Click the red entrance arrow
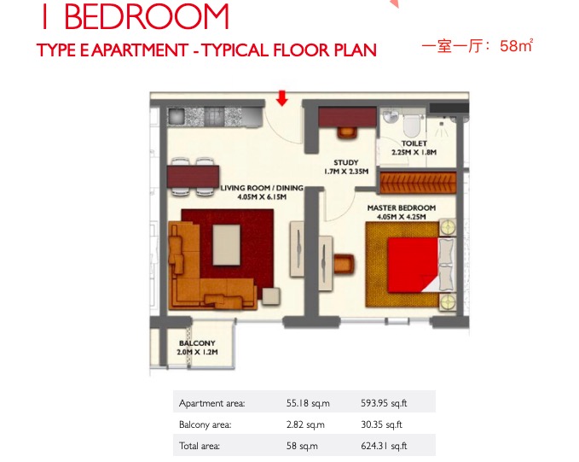click(281, 98)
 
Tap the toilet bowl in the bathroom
click(412, 125)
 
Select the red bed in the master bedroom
click(414, 265)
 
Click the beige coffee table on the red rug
click(226, 245)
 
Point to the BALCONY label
click(197, 343)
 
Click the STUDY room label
click(346, 162)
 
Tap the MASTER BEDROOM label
click(402, 208)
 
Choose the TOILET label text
click(414, 143)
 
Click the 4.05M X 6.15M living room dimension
click(262, 196)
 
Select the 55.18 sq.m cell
click(308, 403)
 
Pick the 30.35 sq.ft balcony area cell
click(381, 424)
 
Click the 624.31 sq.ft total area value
click(384, 446)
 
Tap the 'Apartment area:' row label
click(212, 403)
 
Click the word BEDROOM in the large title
click(147, 16)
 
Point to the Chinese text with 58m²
click(477, 46)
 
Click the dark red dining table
click(193, 176)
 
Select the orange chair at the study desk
click(347, 132)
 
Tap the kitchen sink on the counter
click(177, 116)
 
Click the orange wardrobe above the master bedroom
click(418, 183)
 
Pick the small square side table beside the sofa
click(271, 296)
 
